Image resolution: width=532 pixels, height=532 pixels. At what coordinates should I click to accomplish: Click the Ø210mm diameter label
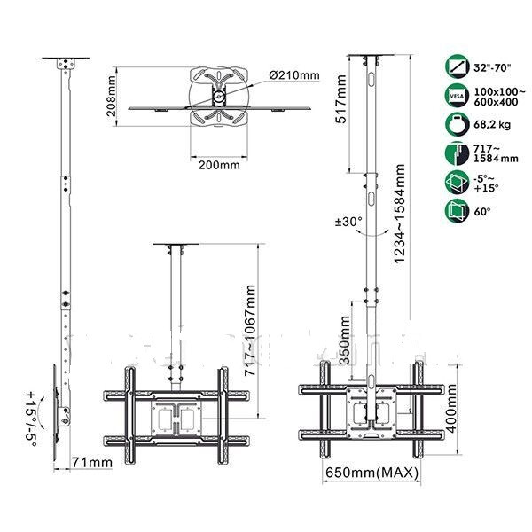(294, 75)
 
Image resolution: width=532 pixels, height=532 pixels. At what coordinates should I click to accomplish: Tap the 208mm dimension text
(112, 96)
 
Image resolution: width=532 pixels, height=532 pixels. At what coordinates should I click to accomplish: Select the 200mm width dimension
(219, 165)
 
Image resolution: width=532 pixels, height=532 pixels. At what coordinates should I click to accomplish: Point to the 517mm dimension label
(340, 98)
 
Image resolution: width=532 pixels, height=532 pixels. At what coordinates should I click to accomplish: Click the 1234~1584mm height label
(400, 214)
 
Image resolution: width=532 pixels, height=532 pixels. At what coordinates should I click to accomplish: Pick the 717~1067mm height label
(250, 330)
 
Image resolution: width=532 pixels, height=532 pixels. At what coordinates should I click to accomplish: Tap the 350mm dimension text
(344, 340)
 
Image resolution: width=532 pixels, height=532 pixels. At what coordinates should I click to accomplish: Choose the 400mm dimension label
(450, 409)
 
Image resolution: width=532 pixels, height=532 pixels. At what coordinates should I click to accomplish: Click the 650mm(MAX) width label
(372, 473)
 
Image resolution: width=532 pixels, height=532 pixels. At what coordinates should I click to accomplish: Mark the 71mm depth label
(92, 462)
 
